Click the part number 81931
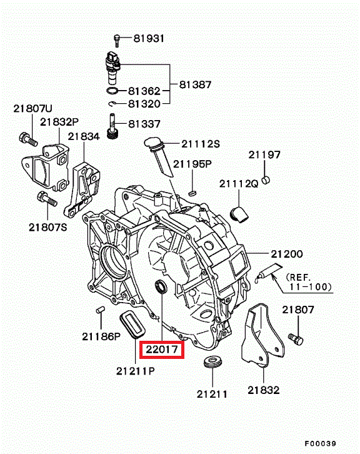149,38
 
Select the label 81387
196,84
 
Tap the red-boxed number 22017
162,350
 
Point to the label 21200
286,254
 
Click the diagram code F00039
320,443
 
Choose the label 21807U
32,109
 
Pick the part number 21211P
136,371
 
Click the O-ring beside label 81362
112,91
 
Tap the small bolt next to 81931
117,41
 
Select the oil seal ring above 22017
161,287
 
